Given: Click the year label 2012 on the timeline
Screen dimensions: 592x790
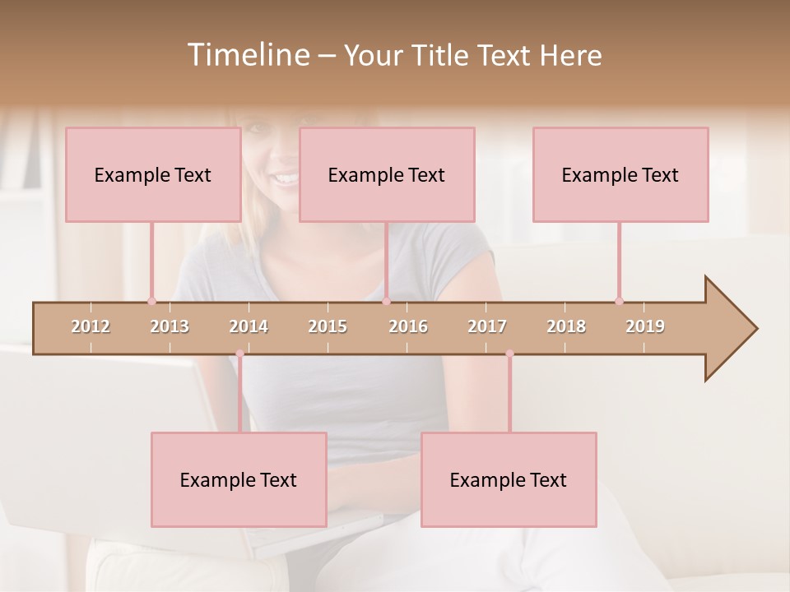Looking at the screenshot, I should [91, 326].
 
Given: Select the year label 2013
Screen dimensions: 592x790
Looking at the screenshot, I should [170, 326].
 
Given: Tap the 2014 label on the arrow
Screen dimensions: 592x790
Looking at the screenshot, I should [249, 326].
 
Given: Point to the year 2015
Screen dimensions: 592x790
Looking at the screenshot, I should [328, 326].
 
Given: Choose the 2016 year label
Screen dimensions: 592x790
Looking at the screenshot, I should [408, 326].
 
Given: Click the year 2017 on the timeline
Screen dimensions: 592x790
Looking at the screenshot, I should [487, 326].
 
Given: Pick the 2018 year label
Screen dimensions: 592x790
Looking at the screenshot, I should [566, 326].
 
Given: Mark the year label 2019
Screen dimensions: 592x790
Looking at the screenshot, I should [645, 326].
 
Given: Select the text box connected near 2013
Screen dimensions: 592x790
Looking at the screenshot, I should [153, 174].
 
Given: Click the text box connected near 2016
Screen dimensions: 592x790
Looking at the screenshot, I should [387, 174].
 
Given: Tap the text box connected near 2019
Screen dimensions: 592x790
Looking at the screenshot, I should [620, 174].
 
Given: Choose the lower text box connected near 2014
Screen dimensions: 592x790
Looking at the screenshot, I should [239, 479].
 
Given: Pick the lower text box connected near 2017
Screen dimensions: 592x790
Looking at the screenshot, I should [509, 479].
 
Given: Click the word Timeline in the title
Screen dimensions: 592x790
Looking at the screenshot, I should [248, 55].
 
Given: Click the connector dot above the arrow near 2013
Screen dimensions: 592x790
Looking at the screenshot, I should [151, 301].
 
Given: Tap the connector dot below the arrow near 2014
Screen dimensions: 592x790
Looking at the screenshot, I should [239, 354].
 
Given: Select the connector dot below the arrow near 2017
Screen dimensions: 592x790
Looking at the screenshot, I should [509, 354].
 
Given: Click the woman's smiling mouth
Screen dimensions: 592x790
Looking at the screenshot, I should [284, 178].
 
